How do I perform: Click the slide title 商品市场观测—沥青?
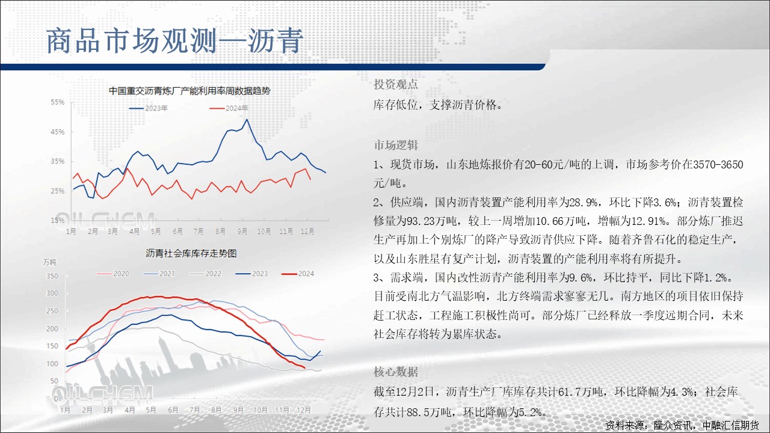(174, 41)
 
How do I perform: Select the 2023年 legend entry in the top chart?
(148, 108)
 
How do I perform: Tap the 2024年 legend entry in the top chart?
(229, 108)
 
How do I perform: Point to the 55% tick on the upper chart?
(57, 102)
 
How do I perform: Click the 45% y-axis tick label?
(57, 132)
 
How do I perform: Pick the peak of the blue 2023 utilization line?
(247, 120)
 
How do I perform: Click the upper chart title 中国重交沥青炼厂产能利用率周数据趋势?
(189, 91)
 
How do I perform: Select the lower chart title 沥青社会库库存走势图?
(191, 254)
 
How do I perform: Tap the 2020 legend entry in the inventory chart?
(113, 274)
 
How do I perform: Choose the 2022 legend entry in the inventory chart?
(205, 274)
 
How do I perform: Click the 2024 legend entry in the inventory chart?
(298, 274)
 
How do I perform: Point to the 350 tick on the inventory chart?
(52, 276)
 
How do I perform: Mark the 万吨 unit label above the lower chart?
(49, 263)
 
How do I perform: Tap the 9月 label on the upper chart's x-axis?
(242, 232)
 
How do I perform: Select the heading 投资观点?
(396, 84)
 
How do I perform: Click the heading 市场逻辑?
(396, 146)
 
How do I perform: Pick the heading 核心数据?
(396, 372)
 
